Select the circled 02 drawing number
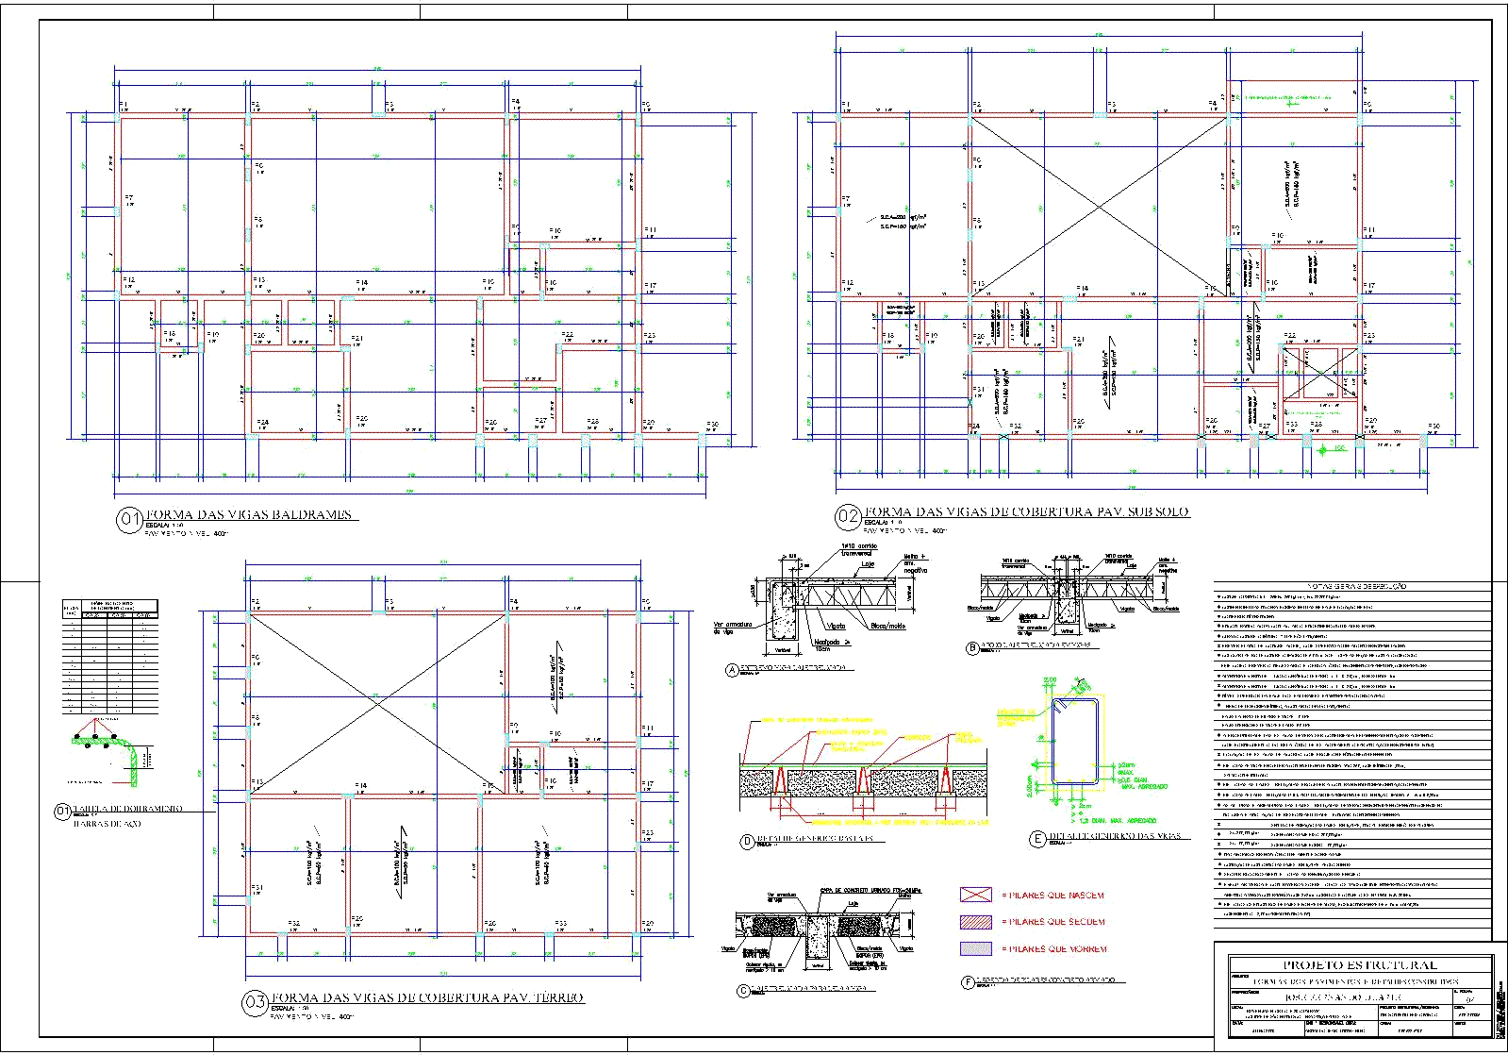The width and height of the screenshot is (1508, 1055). coord(848,516)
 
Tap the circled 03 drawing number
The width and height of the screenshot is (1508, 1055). coord(255,1002)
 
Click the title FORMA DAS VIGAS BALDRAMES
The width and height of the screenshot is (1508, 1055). coord(250,514)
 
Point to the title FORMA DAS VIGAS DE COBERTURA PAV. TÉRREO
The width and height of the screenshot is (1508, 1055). coord(427,997)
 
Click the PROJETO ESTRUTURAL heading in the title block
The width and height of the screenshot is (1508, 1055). coord(1360,965)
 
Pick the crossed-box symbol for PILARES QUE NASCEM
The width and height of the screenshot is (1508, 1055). coord(976,895)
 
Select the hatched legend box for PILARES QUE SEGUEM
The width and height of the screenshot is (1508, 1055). coord(976,922)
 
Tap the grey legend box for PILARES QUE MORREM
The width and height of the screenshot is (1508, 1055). coord(976,948)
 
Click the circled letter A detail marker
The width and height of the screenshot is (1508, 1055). coord(732,670)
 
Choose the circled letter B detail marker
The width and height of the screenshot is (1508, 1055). coord(972,648)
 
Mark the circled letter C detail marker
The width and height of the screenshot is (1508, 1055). coord(744,990)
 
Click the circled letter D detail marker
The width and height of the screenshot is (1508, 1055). coord(748,841)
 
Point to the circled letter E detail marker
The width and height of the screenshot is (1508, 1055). coord(1038,839)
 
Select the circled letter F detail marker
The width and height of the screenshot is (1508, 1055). coord(968,982)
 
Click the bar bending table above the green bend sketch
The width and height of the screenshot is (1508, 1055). coord(109,656)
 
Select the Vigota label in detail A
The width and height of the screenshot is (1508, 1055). coord(836,626)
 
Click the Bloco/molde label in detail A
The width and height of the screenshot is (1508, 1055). coord(887,626)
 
